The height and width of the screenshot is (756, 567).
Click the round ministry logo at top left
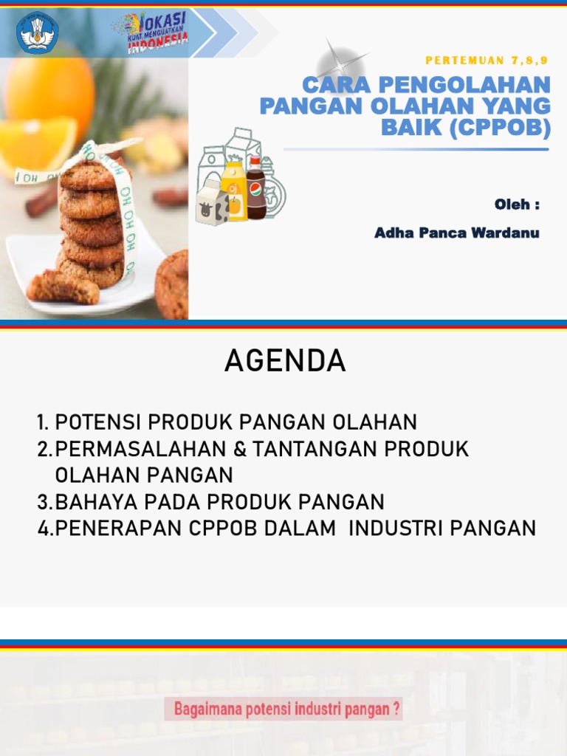pyautogui.click(x=37, y=32)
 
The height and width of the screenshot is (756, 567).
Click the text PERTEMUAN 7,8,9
pyautogui.click(x=487, y=60)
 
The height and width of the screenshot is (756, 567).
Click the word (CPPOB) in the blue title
pyautogui.click(x=504, y=128)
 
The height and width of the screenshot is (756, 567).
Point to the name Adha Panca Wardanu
pyautogui.click(x=456, y=233)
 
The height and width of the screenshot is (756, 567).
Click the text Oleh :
pyautogui.click(x=517, y=205)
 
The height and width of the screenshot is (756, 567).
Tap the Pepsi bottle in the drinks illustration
pyautogui.click(x=255, y=188)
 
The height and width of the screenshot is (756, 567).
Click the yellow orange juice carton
pyautogui.click(x=234, y=191)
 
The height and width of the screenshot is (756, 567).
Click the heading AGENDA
pyautogui.click(x=285, y=361)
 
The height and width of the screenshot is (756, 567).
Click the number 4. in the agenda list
pyautogui.click(x=45, y=529)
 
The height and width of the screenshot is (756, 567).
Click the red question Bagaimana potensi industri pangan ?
pyautogui.click(x=287, y=710)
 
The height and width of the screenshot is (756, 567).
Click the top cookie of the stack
pyautogui.click(x=89, y=176)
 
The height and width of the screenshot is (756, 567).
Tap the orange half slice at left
pyautogui.click(x=33, y=144)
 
